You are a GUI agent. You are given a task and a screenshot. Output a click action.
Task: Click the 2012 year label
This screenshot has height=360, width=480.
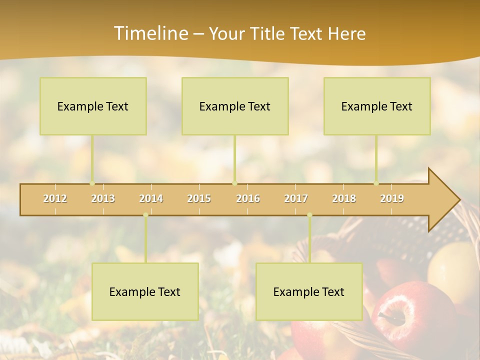click(55, 198)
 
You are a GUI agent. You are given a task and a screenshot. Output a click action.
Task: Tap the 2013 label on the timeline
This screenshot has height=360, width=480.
click(103, 198)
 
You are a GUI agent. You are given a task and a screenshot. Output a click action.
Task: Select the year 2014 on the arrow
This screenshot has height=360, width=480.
click(151, 198)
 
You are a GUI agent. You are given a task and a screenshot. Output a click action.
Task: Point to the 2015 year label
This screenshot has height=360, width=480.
click(199, 198)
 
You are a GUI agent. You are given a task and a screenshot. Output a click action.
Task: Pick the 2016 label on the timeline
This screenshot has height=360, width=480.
click(248, 198)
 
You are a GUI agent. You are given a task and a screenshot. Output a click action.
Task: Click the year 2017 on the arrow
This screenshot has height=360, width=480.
click(296, 198)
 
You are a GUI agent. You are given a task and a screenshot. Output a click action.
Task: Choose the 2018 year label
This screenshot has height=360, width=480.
click(344, 198)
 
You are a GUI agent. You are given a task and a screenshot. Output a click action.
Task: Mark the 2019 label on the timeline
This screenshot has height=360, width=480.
click(392, 198)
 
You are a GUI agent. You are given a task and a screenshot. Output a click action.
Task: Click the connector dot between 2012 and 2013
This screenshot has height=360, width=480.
click(92, 183)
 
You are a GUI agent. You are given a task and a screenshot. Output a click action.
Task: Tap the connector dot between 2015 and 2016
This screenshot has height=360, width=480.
click(234, 183)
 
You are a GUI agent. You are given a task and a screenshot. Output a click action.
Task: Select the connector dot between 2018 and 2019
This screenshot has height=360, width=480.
click(376, 183)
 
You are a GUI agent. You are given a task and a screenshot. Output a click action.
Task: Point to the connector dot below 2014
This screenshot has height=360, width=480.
click(145, 215)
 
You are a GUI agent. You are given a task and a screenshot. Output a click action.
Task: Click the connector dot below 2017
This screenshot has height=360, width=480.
click(309, 215)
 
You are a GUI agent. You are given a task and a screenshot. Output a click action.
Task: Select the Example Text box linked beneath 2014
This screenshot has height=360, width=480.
click(145, 291)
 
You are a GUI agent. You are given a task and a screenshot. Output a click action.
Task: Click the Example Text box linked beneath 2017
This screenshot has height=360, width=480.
click(309, 291)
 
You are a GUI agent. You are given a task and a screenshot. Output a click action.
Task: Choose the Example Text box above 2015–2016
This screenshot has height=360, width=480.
click(235, 106)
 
